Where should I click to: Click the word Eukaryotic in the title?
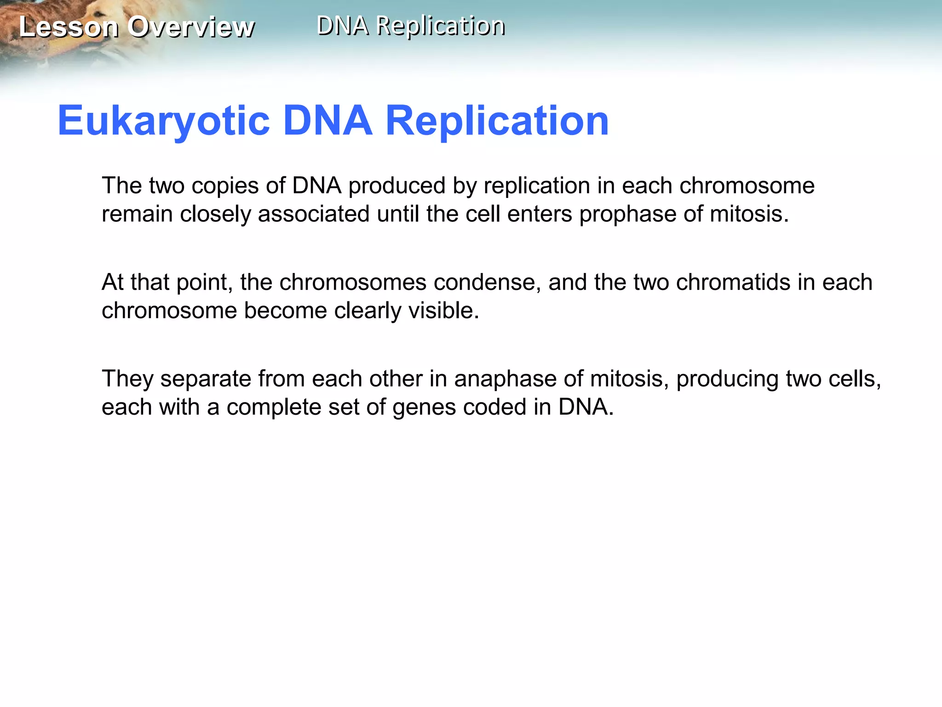pyautogui.click(x=164, y=121)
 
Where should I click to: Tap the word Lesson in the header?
pyautogui.click(x=69, y=27)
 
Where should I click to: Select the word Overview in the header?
pyautogui.click(x=191, y=27)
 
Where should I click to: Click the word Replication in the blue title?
pyautogui.click(x=497, y=121)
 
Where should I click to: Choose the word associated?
pyautogui.click(x=313, y=214)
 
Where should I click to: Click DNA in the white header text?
pyautogui.click(x=343, y=26)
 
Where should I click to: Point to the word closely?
pyautogui.click(x=215, y=214)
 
